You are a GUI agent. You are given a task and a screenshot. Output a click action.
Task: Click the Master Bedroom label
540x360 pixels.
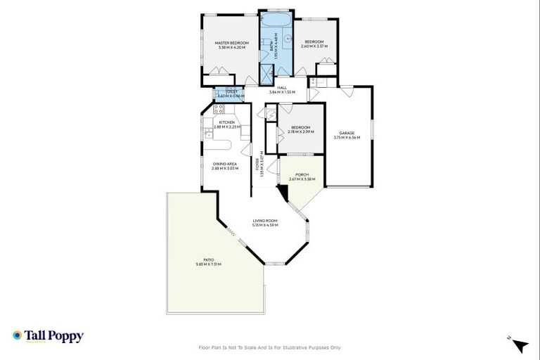pyautogui.click(x=232, y=43)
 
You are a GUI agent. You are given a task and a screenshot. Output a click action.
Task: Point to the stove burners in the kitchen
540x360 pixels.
pyautogui.click(x=218, y=108)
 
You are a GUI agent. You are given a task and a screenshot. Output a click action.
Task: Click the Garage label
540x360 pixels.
pyautogui.click(x=347, y=133)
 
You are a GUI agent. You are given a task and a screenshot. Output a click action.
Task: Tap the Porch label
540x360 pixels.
pyautogui.click(x=302, y=174)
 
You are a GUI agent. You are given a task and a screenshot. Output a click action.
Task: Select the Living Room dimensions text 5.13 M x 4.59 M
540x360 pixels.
pyautogui.click(x=266, y=225)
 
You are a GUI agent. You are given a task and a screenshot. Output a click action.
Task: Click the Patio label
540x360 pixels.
pyautogui.click(x=209, y=259)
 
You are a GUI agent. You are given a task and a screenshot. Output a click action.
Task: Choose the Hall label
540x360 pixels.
pyautogui.click(x=282, y=87)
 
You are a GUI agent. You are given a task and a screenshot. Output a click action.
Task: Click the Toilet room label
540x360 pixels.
pyautogui.click(x=231, y=91)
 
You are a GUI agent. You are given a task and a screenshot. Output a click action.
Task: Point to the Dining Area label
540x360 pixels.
pyautogui.click(x=225, y=164)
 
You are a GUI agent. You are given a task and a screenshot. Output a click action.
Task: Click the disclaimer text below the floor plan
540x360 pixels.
pyautogui.click(x=270, y=347)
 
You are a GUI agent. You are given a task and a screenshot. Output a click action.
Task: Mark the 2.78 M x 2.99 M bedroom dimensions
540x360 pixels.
pyautogui.click(x=301, y=131)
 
